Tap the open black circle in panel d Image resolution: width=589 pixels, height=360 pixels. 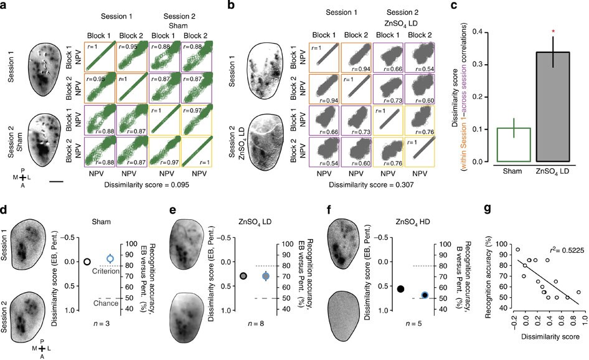tap(88, 262)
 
